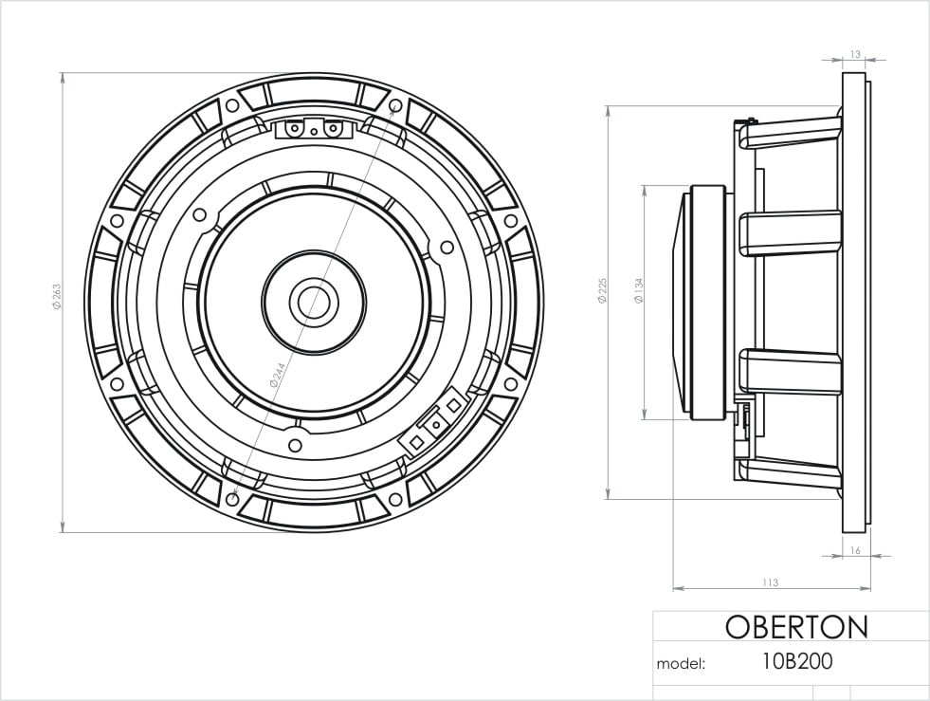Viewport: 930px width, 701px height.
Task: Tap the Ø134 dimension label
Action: (x=640, y=290)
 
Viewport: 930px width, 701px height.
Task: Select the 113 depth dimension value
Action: (x=769, y=582)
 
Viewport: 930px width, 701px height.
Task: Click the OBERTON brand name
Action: (x=795, y=627)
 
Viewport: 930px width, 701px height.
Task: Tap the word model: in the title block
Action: (x=681, y=663)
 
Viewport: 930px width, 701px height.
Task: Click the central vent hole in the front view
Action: (x=314, y=302)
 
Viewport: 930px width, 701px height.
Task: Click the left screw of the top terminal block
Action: (x=296, y=128)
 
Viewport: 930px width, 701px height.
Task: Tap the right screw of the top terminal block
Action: (x=333, y=128)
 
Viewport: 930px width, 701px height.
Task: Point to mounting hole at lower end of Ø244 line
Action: (x=234, y=497)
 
